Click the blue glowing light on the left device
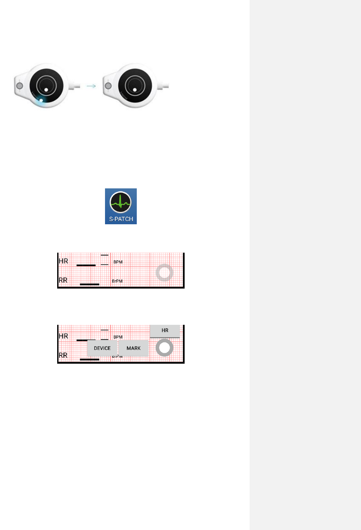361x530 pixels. point(41,101)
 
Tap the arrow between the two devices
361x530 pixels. point(91,86)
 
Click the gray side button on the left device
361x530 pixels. point(20,86)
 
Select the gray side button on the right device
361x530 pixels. point(108,86)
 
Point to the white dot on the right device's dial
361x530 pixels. point(135,90)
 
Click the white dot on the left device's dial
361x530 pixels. point(46,90)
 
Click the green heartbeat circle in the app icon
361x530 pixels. point(120,202)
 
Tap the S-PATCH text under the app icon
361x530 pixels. point(121,219)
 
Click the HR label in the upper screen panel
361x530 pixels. point(63,261)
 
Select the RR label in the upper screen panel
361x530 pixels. point(63,280)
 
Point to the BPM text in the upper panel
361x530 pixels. point(118,262)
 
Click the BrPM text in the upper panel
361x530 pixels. point(117,281)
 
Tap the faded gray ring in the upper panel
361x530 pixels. point(164,272)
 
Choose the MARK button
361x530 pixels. point(133,348)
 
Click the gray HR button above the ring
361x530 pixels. point(165,331)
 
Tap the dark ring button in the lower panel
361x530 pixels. point(164,348)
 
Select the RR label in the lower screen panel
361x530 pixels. point(63,355)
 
